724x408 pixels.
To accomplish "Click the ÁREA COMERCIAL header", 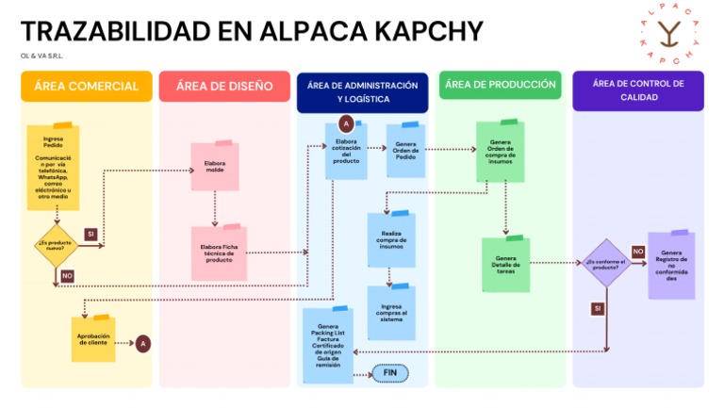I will (x=86, y=86).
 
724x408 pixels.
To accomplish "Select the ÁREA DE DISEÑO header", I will (x=224, y=86).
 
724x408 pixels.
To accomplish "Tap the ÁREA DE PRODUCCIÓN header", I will (x=500, y=85).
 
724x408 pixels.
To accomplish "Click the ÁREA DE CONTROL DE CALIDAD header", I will (x=638, y=90).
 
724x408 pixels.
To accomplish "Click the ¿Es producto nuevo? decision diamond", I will (x=56, y=247).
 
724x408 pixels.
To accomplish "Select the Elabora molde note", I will (x=215, y=168).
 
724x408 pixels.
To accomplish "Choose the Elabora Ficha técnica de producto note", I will (x=218, y=253).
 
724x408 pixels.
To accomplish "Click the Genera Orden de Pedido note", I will (x=406, y=151).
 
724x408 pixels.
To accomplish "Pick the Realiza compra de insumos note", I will (x=390, y=238).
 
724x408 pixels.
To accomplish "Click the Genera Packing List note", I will (x=328, y=346).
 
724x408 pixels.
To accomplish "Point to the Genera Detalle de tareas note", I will (x=505, y=264).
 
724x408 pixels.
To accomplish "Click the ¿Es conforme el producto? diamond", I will (x=607, y=263).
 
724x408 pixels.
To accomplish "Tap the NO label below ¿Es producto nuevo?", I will (x=67, y=276).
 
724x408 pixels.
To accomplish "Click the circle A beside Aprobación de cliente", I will (x=142, y=344).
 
